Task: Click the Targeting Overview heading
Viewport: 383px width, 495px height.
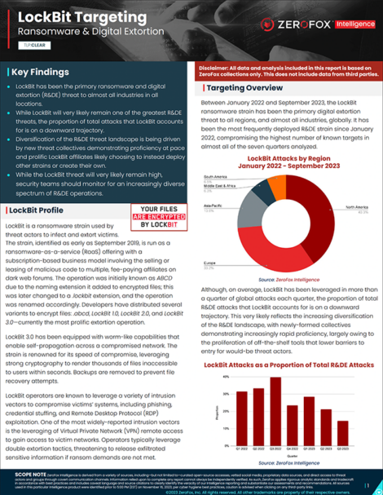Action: tap(240, 87)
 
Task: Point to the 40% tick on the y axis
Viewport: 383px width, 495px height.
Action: tap(225, 380)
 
